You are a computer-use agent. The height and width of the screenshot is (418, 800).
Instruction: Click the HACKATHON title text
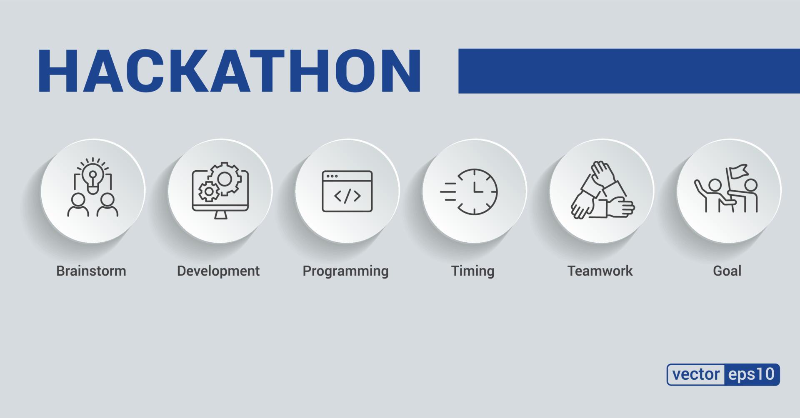(x=229, y=71)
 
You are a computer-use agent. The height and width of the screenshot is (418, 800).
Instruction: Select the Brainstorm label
(x=91, y=271)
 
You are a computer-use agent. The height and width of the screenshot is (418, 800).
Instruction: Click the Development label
(x=218, y=271)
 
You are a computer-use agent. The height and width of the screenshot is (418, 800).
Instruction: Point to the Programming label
(x=345, y=271)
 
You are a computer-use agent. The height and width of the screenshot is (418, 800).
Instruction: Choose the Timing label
(x=473, y=271)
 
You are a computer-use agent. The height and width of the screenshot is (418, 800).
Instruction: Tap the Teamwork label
(x=600, y=271)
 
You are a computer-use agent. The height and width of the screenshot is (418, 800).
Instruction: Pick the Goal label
(x=727, y=271)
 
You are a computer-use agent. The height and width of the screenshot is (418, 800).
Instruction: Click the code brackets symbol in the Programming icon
(x=347, y=196)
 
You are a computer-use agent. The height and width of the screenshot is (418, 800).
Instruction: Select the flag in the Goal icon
(x=738, y=171)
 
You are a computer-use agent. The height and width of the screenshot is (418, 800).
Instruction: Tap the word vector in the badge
(x=696, y=374)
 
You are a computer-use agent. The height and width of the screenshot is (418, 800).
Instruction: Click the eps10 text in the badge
(x=752, y=374)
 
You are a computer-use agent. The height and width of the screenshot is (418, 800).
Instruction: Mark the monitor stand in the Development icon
(x=220, y=215)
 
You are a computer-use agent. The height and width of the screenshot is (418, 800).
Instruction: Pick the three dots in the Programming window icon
(x=332, y=176)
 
